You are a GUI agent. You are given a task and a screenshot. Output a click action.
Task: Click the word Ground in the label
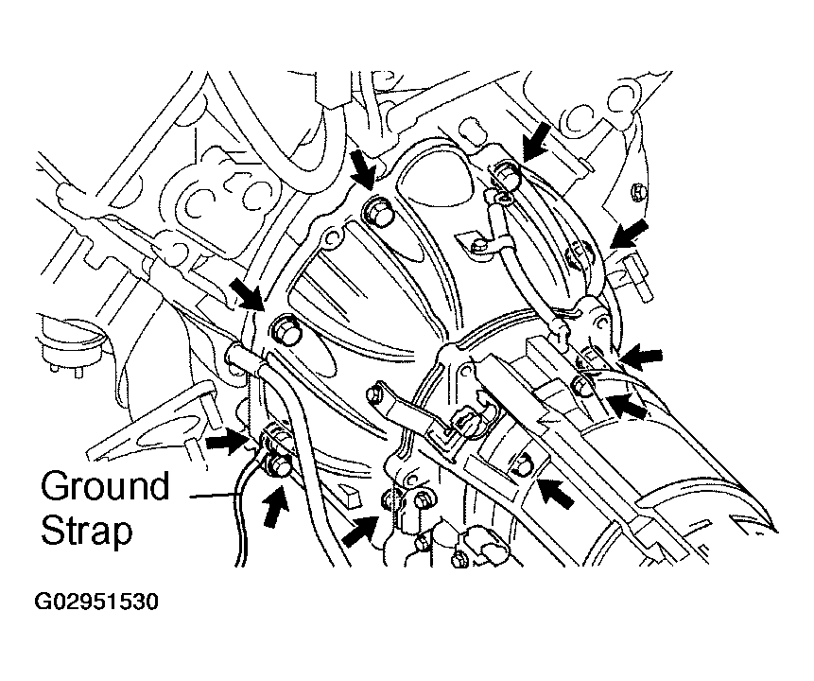point(105,487)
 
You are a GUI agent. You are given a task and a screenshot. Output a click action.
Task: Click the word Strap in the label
point(87,531)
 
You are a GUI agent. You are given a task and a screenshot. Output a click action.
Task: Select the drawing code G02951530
point(96,602)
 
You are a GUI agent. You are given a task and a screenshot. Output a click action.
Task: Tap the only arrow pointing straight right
point(227,443)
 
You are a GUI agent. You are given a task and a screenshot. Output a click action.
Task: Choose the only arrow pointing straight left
point(643,358)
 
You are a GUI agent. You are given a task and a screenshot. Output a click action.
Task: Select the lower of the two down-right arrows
point(247,293)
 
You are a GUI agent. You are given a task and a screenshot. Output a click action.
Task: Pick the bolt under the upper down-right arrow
point(377,212)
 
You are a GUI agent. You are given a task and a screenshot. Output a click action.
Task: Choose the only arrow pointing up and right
point(359,531)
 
